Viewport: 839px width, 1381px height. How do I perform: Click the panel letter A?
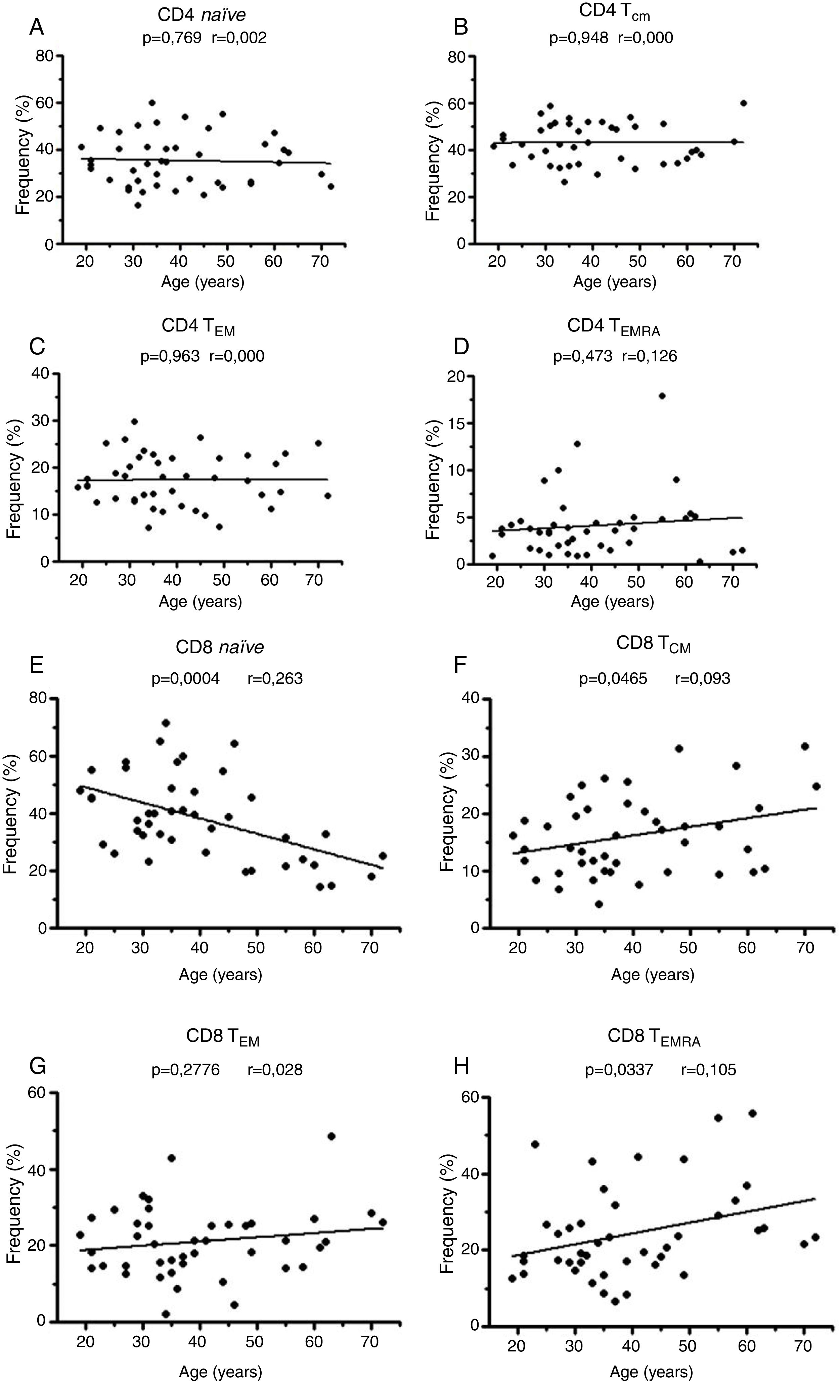[37, 28]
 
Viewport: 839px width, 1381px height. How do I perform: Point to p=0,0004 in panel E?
[185, 679]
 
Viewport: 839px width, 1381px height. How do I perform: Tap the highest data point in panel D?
[662, 396]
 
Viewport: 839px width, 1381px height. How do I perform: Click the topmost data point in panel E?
[165, 723]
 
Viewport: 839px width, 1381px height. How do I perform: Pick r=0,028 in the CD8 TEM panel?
[275, 1070]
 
